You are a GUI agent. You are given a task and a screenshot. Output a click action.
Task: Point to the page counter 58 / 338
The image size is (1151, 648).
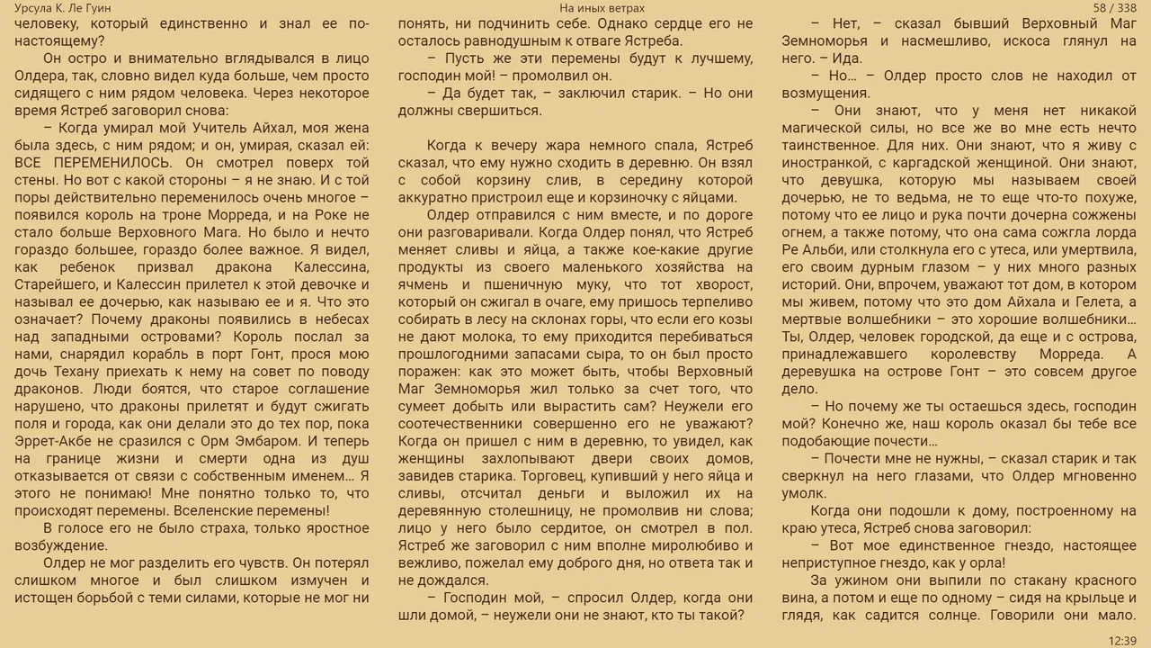click(x=1115, y=8)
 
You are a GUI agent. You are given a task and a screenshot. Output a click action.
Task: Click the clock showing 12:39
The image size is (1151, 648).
click(x=1123, y=640)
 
